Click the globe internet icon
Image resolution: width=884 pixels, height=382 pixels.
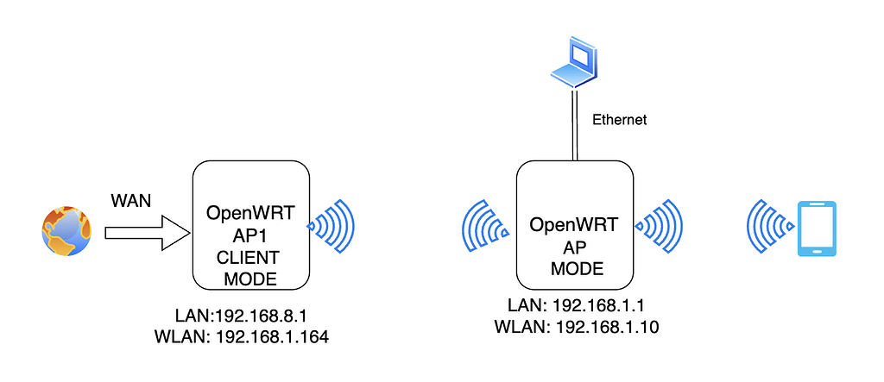click(x=66, y=231)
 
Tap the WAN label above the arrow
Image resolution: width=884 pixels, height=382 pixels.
click(x=131, y=201)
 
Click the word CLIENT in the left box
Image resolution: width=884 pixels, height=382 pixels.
click(x=249, y=259)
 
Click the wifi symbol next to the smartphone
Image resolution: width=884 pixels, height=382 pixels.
click(x=769, y=227)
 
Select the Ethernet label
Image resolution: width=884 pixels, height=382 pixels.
click(x=619, y=121)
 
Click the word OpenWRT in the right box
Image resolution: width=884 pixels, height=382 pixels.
click(x=572, y=226)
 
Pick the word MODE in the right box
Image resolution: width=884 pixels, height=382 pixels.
click(x=572, y=268)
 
